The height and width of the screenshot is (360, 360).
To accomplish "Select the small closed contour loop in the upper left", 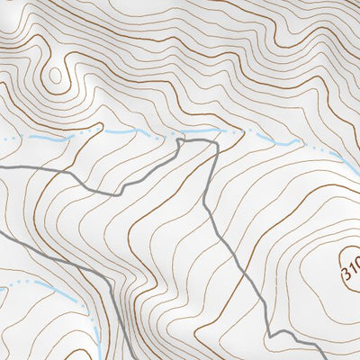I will coord(57,74).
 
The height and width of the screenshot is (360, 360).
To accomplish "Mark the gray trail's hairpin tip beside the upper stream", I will coord(180,141).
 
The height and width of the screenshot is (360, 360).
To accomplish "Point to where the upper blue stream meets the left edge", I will coord(2,140).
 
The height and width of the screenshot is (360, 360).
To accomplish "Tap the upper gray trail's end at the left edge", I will coord(2,168).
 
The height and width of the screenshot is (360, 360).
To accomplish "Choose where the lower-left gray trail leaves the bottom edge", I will coord(112,358).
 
